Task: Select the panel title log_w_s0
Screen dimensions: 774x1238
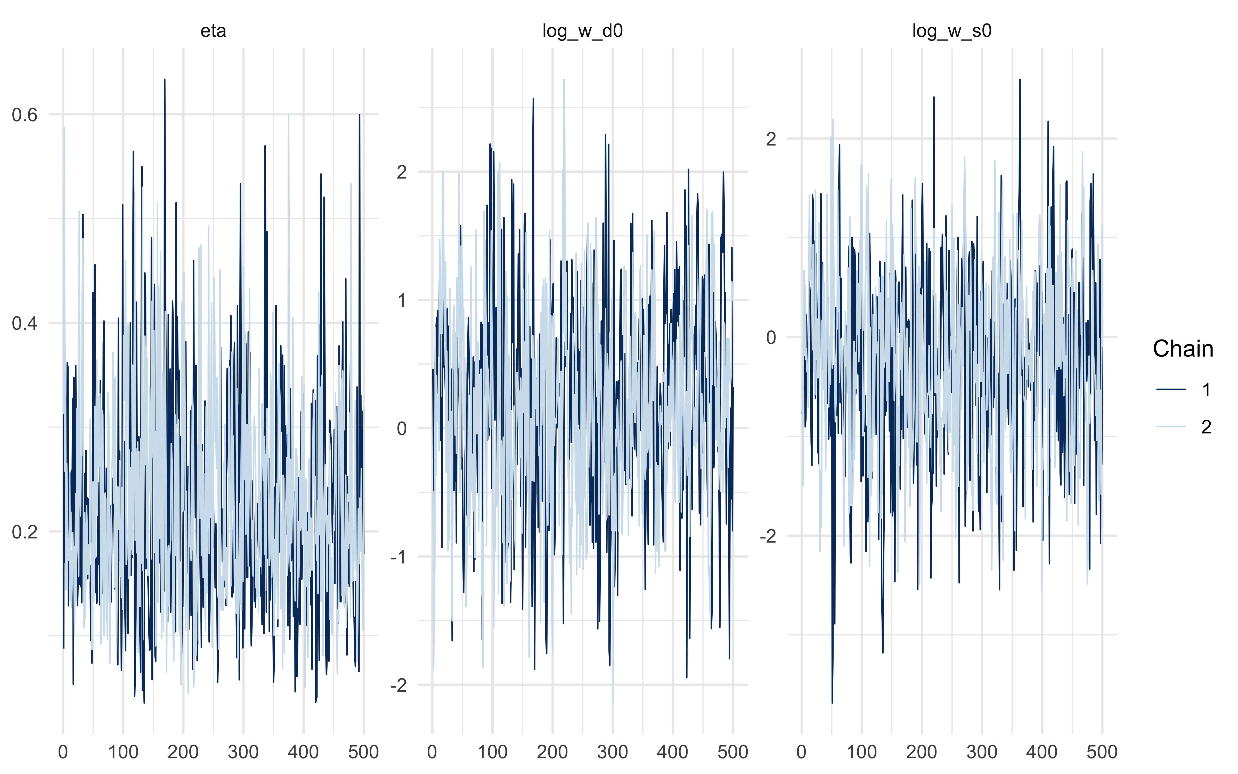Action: (951, 31)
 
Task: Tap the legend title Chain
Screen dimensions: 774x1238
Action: (1183, 349)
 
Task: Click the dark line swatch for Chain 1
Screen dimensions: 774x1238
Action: (1171, 390)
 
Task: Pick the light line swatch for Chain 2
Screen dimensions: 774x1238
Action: (1171, 427)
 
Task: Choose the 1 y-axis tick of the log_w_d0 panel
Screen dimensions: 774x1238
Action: (402, 300)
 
